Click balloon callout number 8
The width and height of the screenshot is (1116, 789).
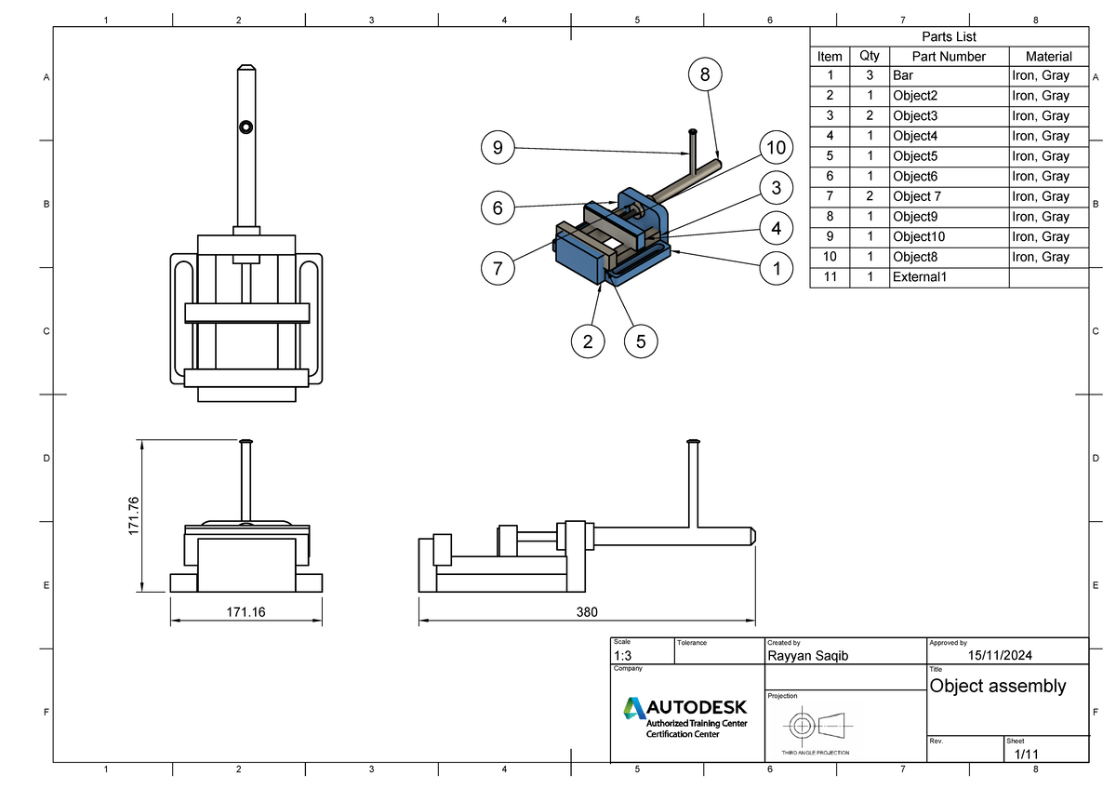click(705, 74)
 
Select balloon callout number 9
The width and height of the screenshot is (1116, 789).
click(498, 147)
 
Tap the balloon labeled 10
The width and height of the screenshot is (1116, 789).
click(776, 147)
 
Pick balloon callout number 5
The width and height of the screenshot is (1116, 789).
click(641, 341)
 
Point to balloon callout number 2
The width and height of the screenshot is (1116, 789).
click(588, 341)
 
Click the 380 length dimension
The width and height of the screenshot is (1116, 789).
click(587, 611)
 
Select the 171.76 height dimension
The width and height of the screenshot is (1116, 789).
click(133, 515)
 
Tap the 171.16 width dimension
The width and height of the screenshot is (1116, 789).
click(246, 611)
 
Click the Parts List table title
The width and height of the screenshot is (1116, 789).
click(949, 36)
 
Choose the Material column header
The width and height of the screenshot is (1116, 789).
click(1048, 56)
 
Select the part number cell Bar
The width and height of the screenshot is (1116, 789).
click(902, 75)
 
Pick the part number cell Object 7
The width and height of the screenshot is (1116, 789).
click(917, 196)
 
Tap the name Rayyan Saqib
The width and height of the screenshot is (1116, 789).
click(807, 656)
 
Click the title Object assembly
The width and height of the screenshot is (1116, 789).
click(998, 686)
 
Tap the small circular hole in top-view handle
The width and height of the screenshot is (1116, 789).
click(246, 127)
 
